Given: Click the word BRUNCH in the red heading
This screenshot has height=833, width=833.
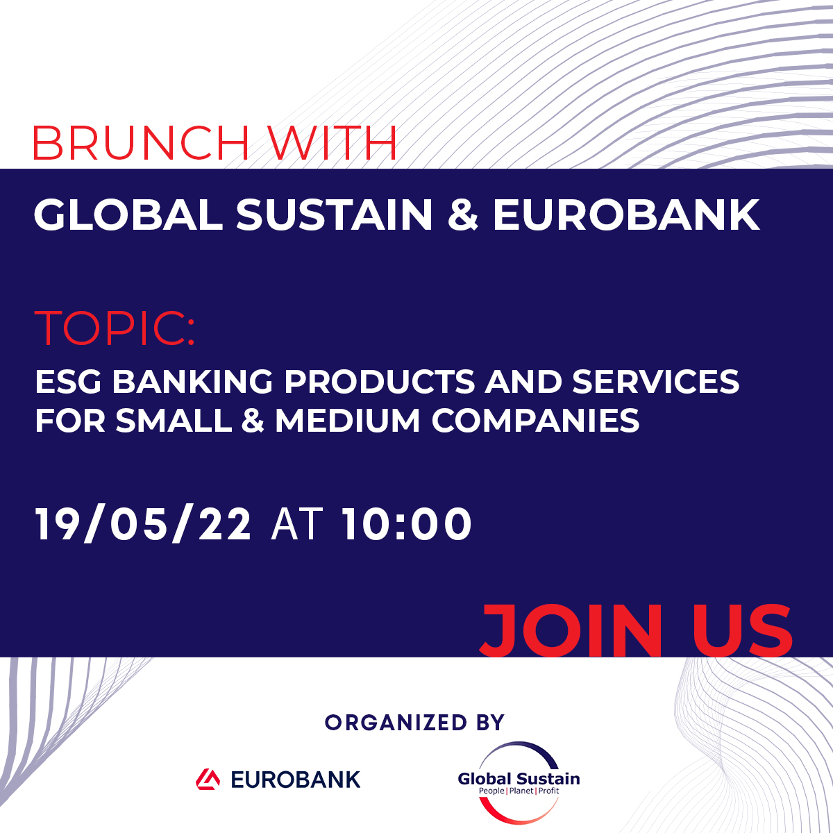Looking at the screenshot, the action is [x=142, y=143].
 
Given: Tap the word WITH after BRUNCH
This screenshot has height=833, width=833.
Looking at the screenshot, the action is [x=332, y=143].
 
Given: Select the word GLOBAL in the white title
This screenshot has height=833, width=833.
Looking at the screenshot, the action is [x=128, y=214].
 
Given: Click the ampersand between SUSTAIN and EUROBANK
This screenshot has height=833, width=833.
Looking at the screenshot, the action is [x=462, y=214].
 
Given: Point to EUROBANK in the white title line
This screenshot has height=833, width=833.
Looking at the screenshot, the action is [x=626, y=214].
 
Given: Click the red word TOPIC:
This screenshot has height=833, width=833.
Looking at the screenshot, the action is [x=114, y=328].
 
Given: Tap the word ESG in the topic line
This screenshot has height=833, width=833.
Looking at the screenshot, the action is [x=68, y=382].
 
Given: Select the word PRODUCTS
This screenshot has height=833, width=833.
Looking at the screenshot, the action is [x=379, y=382].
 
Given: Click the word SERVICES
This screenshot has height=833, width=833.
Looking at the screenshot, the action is [x=656, y=382].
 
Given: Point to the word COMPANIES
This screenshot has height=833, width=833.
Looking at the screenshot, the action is [x=536, y=420].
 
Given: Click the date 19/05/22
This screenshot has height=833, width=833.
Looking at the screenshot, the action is [x=143, y=524].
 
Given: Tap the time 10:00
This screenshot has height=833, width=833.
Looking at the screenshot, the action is [x=406, y=524].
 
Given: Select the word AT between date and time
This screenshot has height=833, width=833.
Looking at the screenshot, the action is [x=296, y=524].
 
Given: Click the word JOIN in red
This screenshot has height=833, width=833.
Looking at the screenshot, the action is [x=571, y=631].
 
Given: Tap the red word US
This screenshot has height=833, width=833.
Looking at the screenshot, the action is [x=743, y=631].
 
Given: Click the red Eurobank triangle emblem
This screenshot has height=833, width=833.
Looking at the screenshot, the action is [x=208, y=780].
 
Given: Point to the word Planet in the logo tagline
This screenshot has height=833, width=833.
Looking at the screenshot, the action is [x=521, y=791].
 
